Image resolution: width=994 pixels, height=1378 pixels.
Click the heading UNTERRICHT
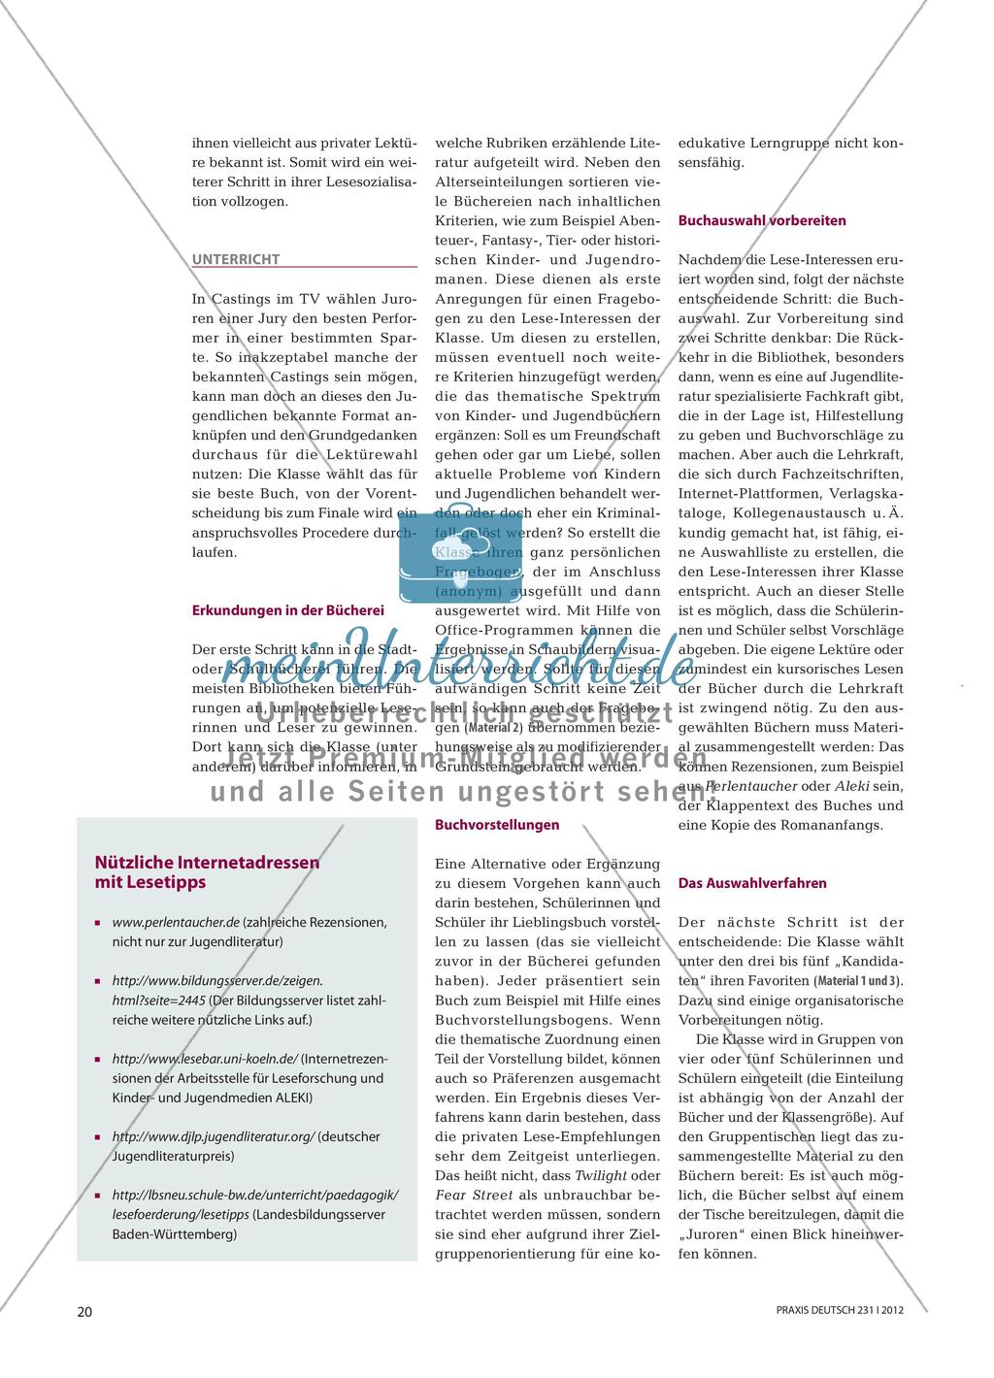(236, 259)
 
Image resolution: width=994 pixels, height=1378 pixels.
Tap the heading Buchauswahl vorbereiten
(762, 220)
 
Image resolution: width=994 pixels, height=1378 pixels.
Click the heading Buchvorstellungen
(496, 825)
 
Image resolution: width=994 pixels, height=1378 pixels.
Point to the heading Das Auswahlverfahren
(752, 883)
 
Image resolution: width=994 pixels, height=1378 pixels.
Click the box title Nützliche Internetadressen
(207, 861)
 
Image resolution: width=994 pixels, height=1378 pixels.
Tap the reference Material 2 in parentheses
(493, 728)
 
